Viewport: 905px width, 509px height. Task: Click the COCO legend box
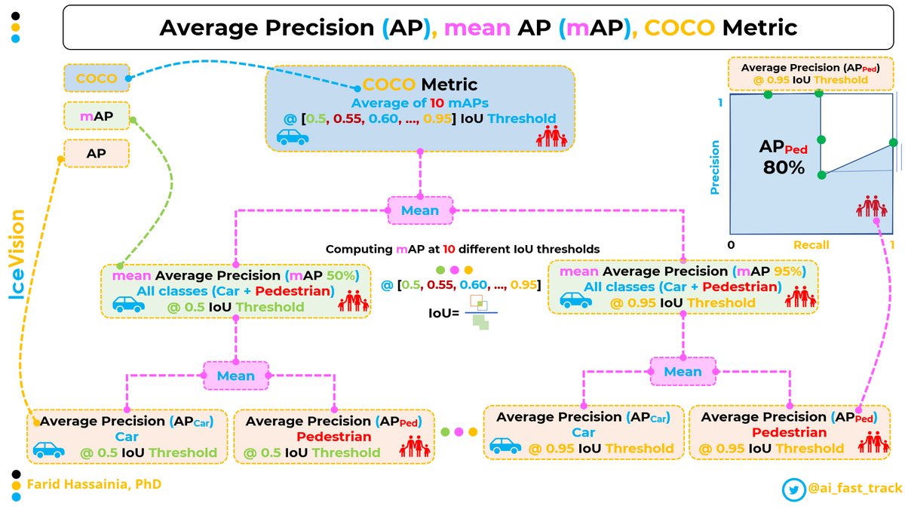(97, 78)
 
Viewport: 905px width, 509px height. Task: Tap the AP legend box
(97, 153)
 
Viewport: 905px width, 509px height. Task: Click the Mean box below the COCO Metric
(420, 210)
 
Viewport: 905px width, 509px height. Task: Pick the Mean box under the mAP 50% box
(236, 376)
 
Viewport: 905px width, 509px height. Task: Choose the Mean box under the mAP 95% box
(683, 372)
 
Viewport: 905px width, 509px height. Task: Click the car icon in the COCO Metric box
(292, 137)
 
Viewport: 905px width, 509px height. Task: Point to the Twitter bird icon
(793, 489)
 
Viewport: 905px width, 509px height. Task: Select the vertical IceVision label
(17, 256)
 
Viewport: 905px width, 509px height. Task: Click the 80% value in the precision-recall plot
(784, 168)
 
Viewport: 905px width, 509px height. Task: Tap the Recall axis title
(811, 245)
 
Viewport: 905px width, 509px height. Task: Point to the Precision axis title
(715, 167)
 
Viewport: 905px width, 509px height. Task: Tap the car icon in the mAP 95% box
(576, 300)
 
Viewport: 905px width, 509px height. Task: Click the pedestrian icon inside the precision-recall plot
(873, 206)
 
